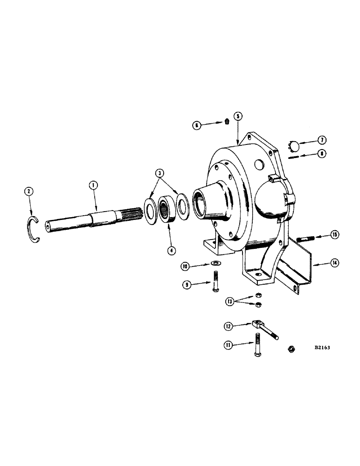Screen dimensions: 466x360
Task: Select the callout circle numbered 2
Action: pyautogui.click(x=28, y=191)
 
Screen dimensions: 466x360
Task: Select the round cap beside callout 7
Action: pyautogui.click(x=293, y=145)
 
